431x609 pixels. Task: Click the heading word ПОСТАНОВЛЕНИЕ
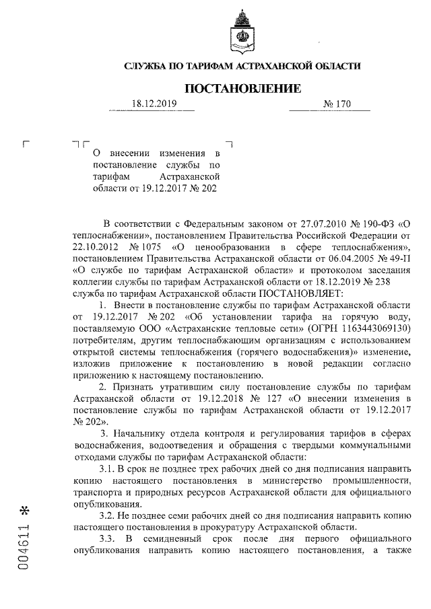pyautogui.click(x=242, y=88)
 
